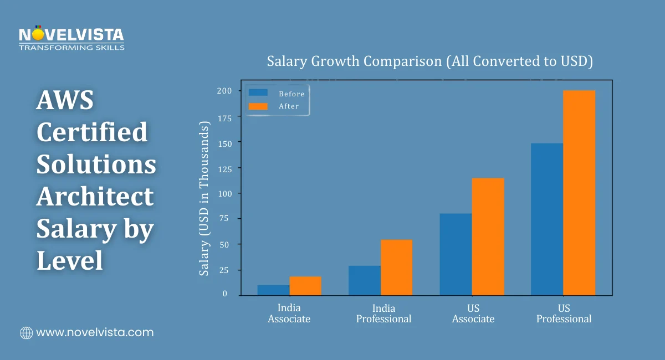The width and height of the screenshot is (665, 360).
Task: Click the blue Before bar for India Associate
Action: pos(273,290)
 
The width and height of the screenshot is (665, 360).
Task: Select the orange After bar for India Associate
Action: pos(305,286)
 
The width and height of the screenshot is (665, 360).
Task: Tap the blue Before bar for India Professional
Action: pos(365,280)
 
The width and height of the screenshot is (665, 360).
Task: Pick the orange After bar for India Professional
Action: pos(396,268)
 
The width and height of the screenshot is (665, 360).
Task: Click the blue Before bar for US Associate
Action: pos(456,254)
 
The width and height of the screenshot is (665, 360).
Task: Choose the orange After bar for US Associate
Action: pos(488,236)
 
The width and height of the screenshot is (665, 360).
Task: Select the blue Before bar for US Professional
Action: pos(547,219)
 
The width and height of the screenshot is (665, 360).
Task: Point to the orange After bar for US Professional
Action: pos(579,193)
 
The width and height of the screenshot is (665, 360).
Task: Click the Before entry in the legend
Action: pos(277,94)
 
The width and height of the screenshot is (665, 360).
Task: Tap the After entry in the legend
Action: pos(277,106)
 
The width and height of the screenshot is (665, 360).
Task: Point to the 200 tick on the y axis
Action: pos(224,91)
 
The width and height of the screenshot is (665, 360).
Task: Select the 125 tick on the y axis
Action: pos(224,168)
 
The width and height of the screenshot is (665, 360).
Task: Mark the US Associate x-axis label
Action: pos(473,313)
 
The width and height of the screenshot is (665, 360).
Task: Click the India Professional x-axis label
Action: pos(383,313)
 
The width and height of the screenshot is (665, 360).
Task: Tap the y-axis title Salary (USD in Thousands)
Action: pos(204,199)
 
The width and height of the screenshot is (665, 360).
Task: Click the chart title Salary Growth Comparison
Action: pos(430,61)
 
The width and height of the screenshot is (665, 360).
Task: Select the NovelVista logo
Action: pos(71,39)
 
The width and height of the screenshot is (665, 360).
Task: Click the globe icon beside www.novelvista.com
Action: pos(26,333)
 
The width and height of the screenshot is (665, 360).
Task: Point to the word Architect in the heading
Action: pos(95,197)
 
